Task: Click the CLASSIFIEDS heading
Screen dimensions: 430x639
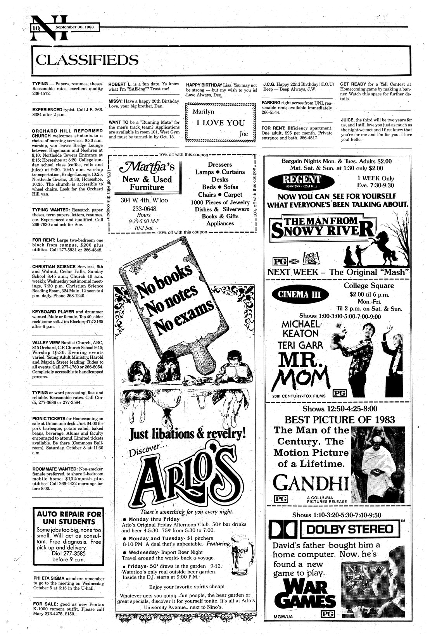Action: [x=86, y=60]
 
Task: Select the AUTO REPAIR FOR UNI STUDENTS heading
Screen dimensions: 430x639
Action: [x=69, y=518]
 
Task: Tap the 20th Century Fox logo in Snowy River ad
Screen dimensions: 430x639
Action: [x=310, y=259]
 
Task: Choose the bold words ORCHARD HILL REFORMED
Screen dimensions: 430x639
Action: [x=67, y=131]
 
